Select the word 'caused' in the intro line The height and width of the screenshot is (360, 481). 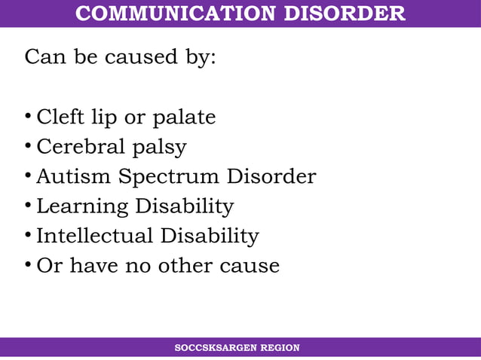point(128,58)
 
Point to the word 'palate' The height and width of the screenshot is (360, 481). point(184,118)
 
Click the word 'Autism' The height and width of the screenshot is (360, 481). point(72,177)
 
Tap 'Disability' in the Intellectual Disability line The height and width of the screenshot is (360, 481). point(209,237)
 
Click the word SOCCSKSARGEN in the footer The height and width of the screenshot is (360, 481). point(215,348)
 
